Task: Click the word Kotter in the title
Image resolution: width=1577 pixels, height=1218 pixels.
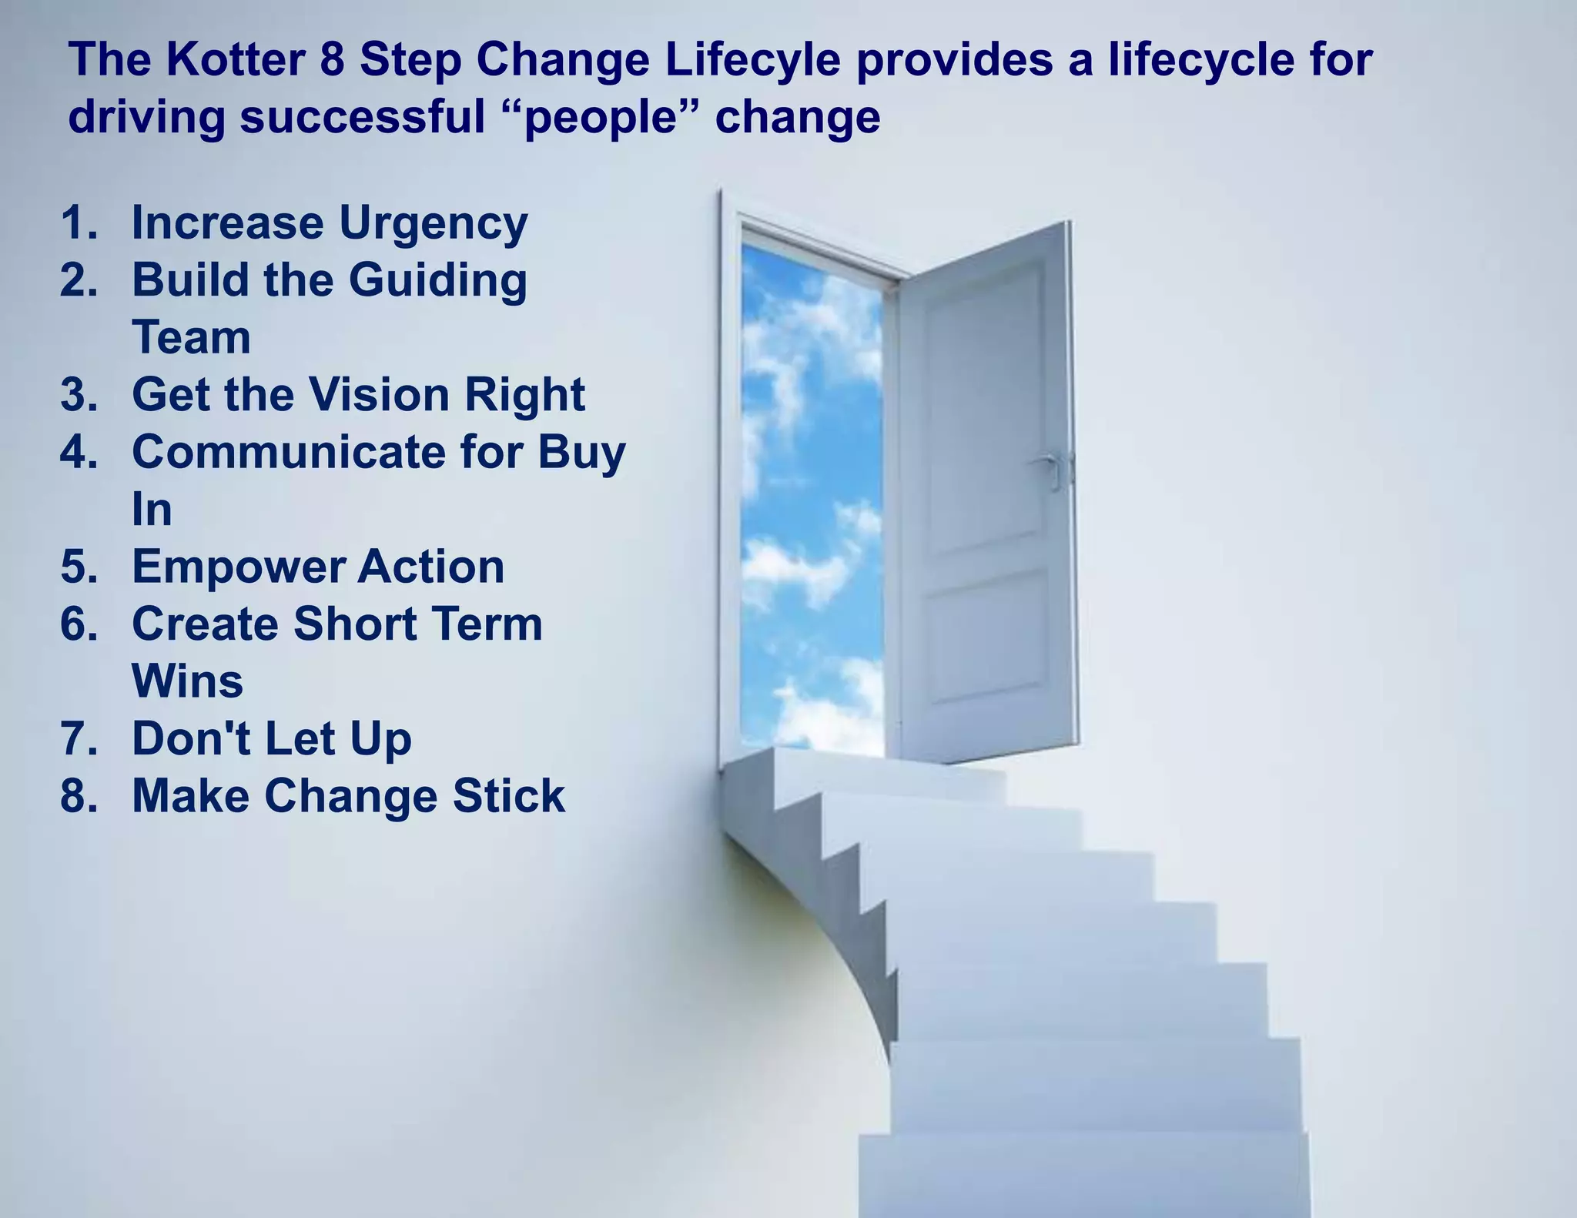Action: [x=235, y=60]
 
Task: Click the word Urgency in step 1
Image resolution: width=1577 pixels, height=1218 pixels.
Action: [x=433, y=223]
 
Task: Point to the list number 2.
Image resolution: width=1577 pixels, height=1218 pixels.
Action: [x=79, y=279]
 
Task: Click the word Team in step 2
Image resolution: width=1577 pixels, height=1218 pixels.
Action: [x=191, y=337]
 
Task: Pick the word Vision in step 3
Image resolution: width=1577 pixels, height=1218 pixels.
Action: [x=380, y=394]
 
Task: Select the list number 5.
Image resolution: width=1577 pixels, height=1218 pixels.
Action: [x=79, y=567]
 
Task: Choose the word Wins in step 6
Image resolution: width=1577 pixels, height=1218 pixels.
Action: [x=187, y=681]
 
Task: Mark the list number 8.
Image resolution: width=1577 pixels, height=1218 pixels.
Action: [x=79, y=795]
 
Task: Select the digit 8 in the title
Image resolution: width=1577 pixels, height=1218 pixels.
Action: [x=332, y=60]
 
